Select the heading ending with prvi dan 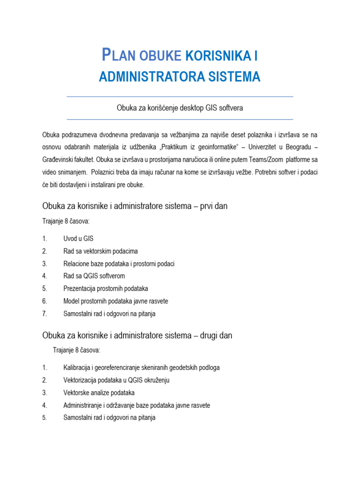[135, 206]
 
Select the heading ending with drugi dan [137, 336]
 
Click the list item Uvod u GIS [78, 239]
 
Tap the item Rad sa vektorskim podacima [100, 251]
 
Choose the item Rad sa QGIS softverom [94, 276]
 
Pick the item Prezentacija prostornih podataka [105, 289]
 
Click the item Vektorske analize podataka [99, 393]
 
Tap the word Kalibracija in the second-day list [78, 367]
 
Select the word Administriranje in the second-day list [84, 405]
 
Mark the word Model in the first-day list [72, 301]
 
